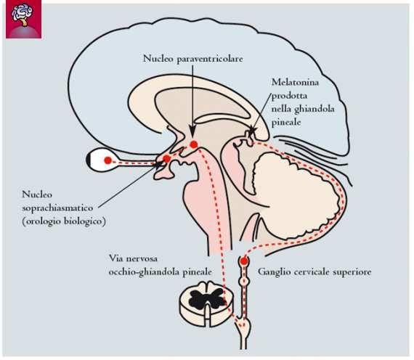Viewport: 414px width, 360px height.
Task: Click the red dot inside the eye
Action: click(x=107, y=160)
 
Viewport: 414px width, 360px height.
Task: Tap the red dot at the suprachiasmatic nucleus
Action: click(x=166, y=159)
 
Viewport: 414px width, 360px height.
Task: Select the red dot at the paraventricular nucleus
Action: click(x=194, y=144)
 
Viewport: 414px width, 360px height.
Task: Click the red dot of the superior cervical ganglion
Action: click(x=244, y=261)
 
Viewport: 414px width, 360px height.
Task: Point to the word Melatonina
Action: click(x=295, y=82)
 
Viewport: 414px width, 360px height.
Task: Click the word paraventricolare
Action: click(x=209, y=59)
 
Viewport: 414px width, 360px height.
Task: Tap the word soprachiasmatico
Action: click(x=57, y=208)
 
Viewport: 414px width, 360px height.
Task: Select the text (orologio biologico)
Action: click(x=64, y=221)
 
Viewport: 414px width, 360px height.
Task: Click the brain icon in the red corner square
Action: click(x=23, y=15)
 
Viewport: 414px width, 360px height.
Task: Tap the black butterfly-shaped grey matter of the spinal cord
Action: click(x=206, y=298)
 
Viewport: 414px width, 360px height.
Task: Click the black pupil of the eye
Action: click(x=89, y=160)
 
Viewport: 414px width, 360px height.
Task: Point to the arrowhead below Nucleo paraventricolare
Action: click(x=192, y=132)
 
